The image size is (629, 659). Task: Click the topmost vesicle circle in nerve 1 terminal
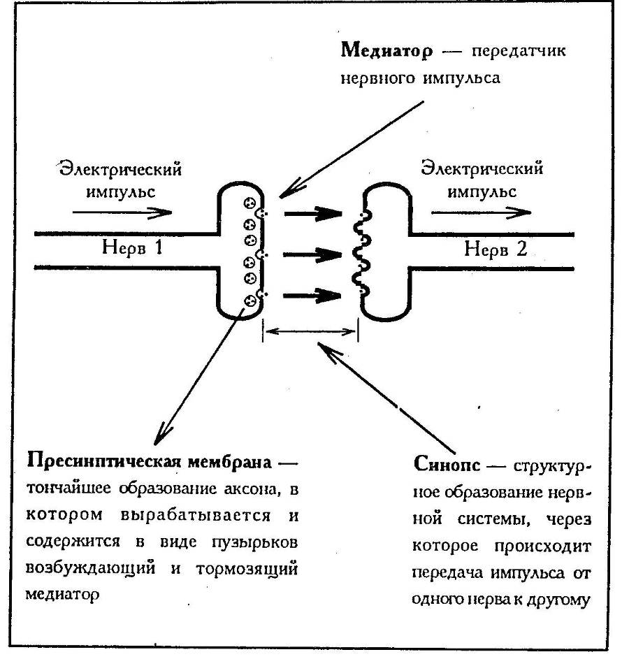click(x=249, y=203)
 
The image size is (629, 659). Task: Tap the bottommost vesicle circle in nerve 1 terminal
click(x=249, y=300)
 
